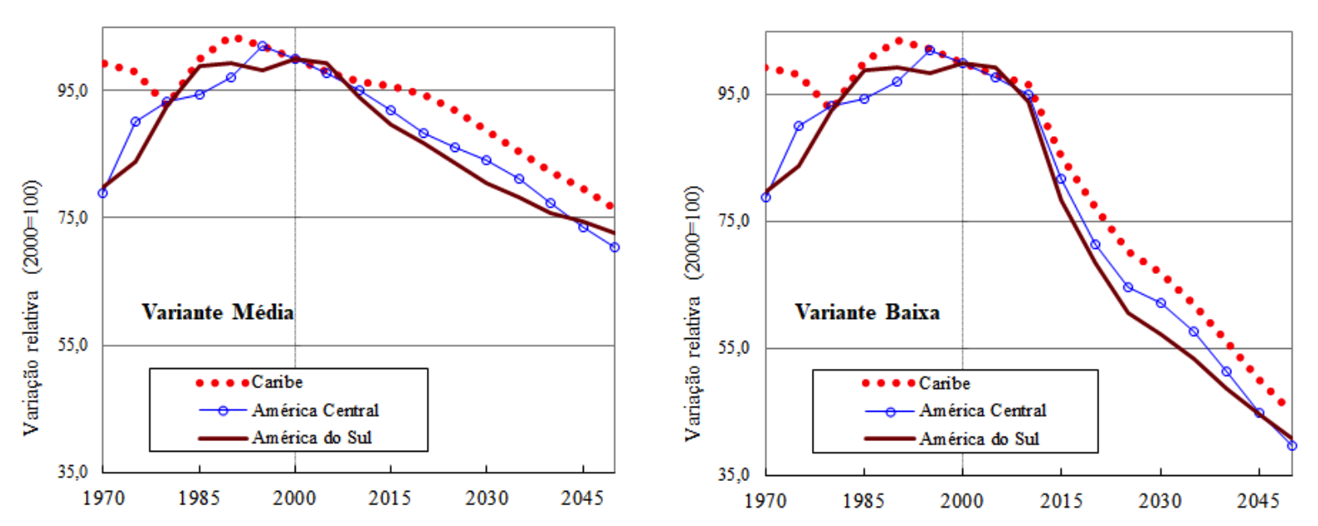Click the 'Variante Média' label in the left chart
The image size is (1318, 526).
point(217,312)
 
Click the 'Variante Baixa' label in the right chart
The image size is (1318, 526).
point(867,312)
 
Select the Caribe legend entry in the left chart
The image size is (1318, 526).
point(276,382)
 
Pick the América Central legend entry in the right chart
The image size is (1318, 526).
point(982,411)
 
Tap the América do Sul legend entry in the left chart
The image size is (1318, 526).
point(312,437)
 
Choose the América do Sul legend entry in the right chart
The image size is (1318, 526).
point(979,438)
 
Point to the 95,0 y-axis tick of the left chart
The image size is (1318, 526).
point(73,90)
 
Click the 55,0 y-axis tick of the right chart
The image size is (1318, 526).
point(735,348)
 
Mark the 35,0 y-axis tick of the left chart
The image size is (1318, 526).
point(73,473)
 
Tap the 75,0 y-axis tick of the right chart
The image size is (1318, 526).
point(735,221)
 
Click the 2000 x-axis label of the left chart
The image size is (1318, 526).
point(294,498)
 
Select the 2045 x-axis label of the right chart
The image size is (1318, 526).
point(1258,500)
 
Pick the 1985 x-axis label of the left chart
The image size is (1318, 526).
point(199,498)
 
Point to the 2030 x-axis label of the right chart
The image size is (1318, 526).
point(1160,500)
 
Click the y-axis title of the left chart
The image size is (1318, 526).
point(31,307)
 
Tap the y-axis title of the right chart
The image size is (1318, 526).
point(693,312)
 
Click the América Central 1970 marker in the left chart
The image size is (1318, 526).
point(103,193)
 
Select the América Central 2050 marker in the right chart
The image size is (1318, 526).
point(1292,446)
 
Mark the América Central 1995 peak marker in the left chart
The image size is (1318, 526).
point(262,46)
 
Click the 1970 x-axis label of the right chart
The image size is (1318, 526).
point(765,500)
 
